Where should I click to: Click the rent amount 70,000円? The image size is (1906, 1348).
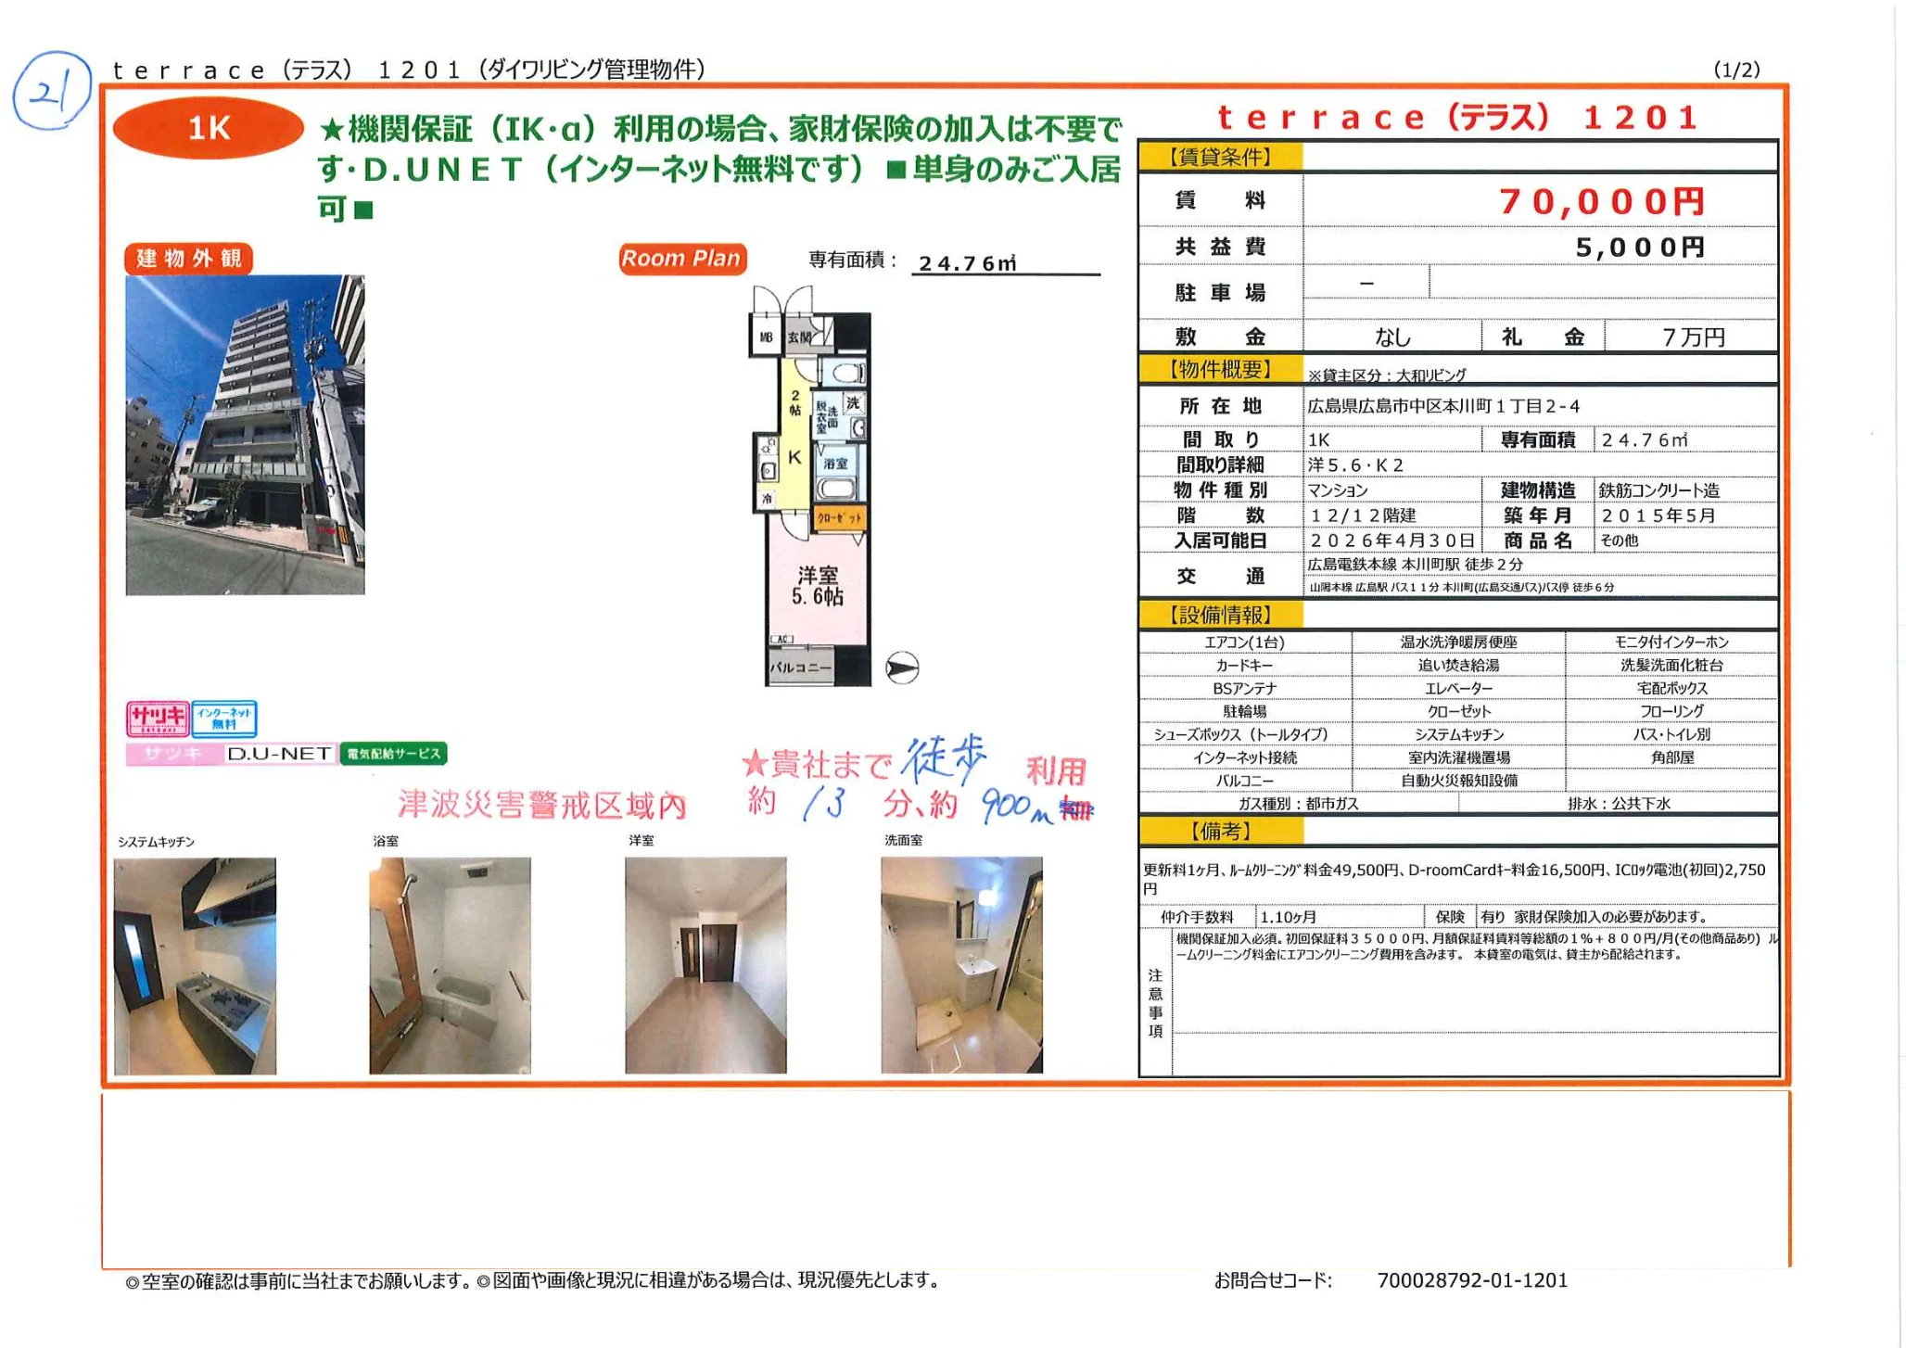1601,201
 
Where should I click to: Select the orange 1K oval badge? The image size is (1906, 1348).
208,128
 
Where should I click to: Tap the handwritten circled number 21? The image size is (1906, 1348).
51,91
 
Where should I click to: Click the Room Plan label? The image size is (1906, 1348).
681,259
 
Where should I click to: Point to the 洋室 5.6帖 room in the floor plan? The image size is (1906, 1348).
817,586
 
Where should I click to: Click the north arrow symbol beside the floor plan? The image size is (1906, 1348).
901,668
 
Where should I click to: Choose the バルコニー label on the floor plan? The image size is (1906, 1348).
799,668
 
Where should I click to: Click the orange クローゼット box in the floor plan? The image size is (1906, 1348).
839,517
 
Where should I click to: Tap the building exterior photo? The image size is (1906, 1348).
245,434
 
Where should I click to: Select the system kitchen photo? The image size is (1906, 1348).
195,965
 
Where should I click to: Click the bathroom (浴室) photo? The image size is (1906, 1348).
450,965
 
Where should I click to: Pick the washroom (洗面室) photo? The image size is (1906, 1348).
961,965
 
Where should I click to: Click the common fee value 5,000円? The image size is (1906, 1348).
1639,248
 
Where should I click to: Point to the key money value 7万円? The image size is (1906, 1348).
1693,337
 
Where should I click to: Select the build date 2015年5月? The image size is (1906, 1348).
1658,515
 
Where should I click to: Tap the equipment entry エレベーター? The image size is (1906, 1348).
1458,688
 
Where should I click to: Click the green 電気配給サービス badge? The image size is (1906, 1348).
393,754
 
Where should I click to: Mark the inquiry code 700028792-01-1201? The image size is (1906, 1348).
1472,1280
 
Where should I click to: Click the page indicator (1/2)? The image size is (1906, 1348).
1736,70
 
